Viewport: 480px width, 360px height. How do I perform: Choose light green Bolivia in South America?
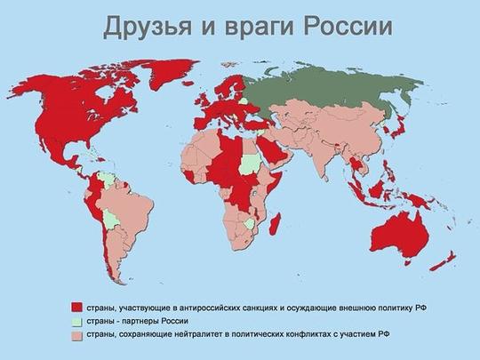tap(110, 218)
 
